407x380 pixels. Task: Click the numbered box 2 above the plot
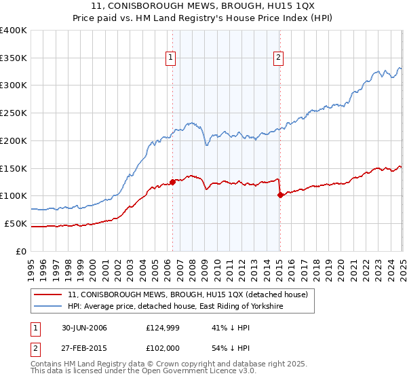pyautogui.click(x=279, y=58)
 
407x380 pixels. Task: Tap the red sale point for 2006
pyautogui.click(x=172, y=181)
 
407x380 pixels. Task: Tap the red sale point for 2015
pyautogui.click(x=280, y=194)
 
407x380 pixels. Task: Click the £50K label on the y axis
pyautogui.click(x=16, y=223)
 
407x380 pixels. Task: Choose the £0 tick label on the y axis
pyautogui.click(x=22, y=251)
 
